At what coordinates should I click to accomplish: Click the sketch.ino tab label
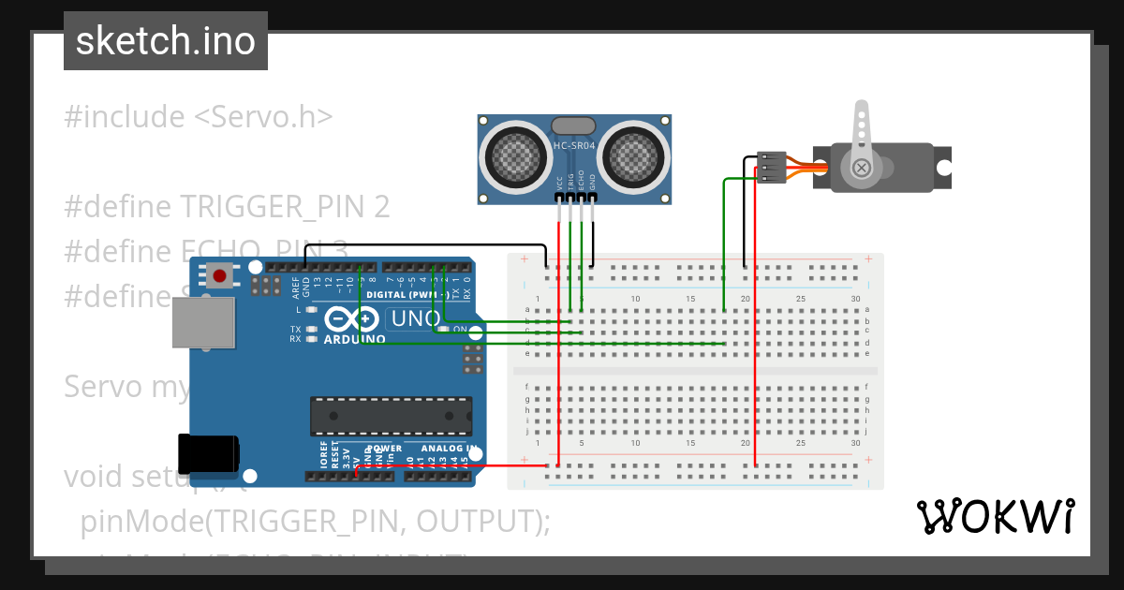(x=165, y=41)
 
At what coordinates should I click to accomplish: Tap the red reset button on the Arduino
(x=220, y=276)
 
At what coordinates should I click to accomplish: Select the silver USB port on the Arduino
(x=202, y=324)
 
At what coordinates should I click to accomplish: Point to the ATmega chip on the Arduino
(x=391, y=416)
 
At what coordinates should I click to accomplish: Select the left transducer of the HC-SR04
(x=516, y=155)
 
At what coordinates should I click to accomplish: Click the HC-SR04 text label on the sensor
(x=574, y=146)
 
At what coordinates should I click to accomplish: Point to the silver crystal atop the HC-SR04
(x=574, y=125)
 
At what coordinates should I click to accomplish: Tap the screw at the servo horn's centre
(x=861, y=168)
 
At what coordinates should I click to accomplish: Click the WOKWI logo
(x=995, y=516)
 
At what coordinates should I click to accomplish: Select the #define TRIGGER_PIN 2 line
(x=227, y=206)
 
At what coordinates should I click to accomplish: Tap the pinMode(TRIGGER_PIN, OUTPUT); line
(x=315, y=522)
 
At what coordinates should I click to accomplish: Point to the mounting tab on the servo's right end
(x=942, y=168)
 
